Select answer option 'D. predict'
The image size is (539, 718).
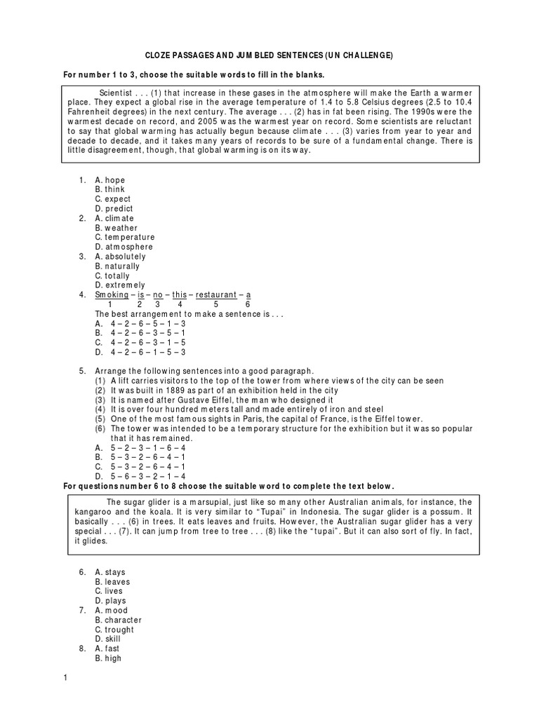(x=114, y=209)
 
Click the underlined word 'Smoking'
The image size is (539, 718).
(x=110, y=295)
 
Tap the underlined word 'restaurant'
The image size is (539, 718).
(x=216, y=295)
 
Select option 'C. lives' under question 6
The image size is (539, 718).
(x=109, y=592)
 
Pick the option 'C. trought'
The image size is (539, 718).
(x=114, y=630)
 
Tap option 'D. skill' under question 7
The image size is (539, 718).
(x=108, y=639)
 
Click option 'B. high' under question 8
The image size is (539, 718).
(x=108, y=658)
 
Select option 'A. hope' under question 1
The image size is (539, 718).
(x=110, y=180)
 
